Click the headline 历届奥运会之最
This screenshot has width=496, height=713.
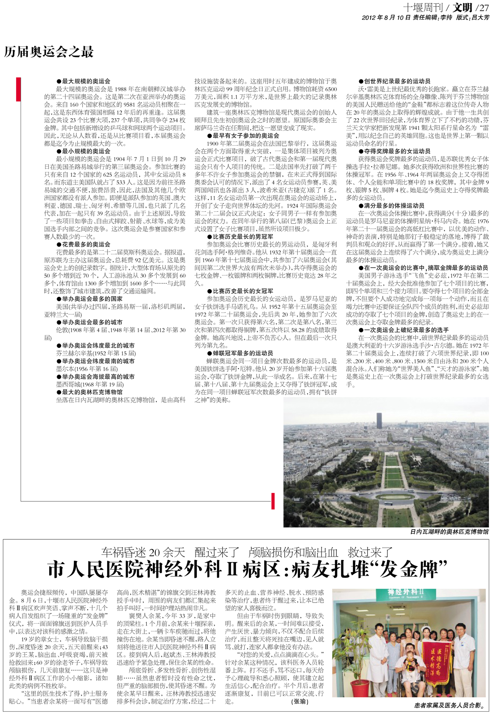pyautogui.click(x=49, y=52)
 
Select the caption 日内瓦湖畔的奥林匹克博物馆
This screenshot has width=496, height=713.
pyautogui.click(x=449, y=531)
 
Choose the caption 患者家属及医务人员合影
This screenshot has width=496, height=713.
pyautogui.click(x=449, y=706)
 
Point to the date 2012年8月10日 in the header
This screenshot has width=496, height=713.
pyautogui.click(x=386, y=17)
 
